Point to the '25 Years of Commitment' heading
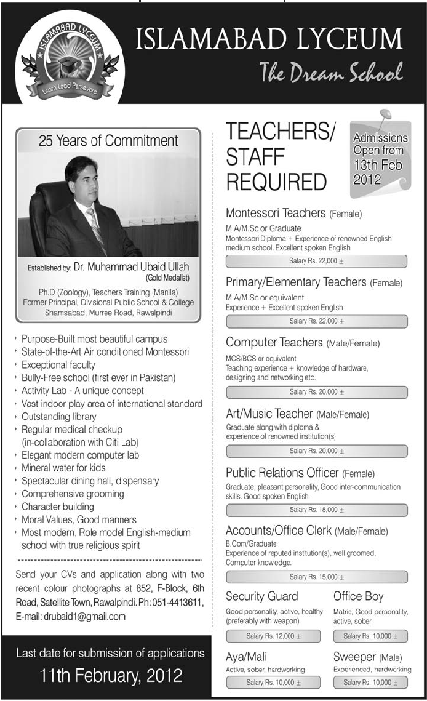[108, 141]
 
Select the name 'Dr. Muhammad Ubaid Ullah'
[131, 267]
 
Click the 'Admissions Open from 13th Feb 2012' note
[380, 159]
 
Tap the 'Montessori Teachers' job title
[275, 214]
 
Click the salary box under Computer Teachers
[316, 392]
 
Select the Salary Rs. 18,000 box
[316, 510]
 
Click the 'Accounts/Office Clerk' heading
[279, 530]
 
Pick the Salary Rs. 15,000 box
[316, 577]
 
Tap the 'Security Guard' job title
[261, 596]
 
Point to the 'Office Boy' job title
[358, 596]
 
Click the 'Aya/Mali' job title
[246, 657]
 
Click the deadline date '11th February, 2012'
[111, 676]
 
